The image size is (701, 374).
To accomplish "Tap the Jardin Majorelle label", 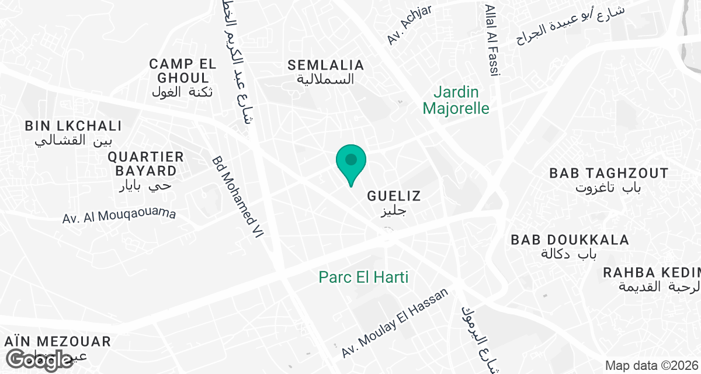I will [x=456, y=100].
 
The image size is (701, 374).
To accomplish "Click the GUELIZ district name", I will [x=394, y=196].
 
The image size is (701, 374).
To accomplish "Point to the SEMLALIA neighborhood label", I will [x=325, y=65].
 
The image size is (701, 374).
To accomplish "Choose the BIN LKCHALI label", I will [x=73, y=126].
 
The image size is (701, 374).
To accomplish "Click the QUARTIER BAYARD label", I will [x=146, y=164].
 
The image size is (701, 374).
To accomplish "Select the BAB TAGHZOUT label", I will [x=609, y=174].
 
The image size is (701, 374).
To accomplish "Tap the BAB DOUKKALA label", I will [x=570, y=240].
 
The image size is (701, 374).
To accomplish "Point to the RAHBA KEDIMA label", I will [x=651, y=273].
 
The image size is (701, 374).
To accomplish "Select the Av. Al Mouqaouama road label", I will [x=119, y=216].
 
